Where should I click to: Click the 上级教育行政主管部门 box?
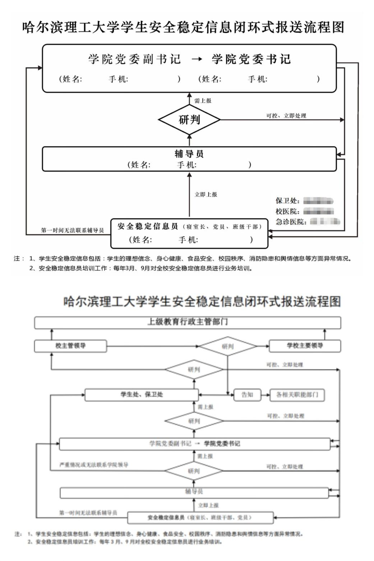187,322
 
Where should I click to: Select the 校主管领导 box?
70,346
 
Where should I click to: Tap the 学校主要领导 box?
305,346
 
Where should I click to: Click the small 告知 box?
247,395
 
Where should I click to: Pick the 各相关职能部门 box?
297,395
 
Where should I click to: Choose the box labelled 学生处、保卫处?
142,395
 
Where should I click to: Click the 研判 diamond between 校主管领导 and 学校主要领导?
228,346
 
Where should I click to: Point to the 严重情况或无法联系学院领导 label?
94,465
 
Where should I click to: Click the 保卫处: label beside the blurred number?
287,201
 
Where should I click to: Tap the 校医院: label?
287,211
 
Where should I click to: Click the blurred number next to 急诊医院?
325,221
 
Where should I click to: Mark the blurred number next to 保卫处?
318,201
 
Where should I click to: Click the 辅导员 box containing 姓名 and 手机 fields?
189,159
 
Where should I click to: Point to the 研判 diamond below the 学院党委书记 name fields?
189,120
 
